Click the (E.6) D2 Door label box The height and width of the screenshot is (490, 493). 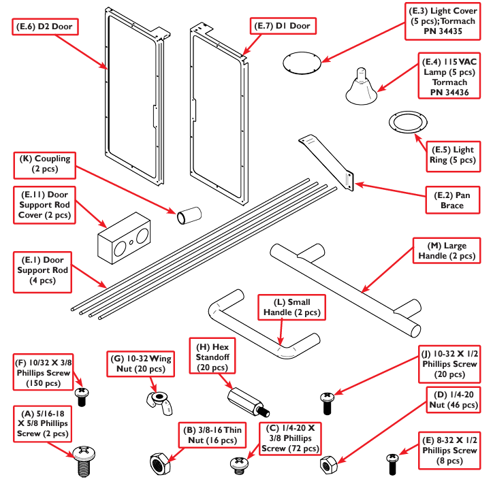(46, 27)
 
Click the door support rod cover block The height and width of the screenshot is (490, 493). (123, 238)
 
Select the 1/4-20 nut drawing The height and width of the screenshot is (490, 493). (330, 465)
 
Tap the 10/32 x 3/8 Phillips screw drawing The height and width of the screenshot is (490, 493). (82, 396)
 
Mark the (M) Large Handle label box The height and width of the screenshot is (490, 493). (446, 250)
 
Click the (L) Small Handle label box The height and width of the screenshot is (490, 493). (291, 307)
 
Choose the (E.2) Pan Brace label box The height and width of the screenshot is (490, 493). (451, 199)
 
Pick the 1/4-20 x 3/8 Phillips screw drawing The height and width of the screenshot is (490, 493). (239, 465)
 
